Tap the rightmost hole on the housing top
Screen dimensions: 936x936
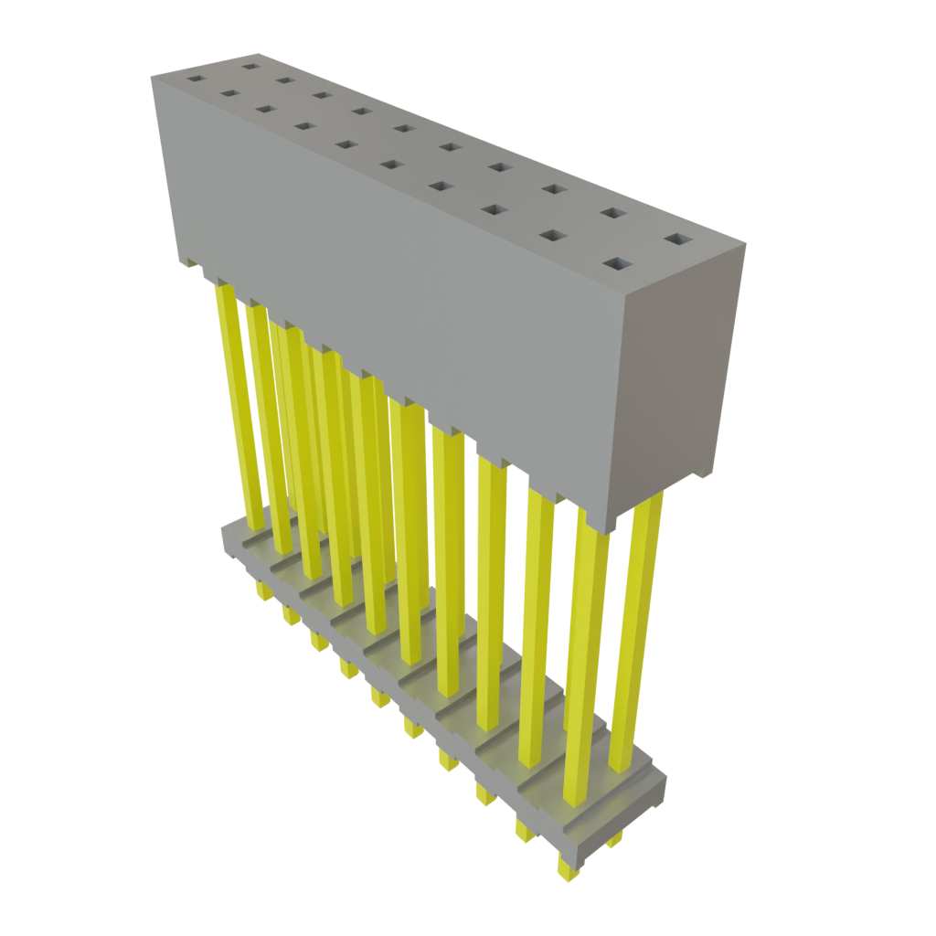pos(678,239)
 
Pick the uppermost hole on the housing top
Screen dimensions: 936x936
pos(249,65)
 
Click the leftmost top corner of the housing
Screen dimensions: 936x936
pos(153,77)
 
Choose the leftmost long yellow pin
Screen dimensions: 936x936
pos(233,402)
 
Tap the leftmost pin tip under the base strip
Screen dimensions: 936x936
pos(263,592)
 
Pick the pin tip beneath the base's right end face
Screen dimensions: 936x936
pos(614,838)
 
